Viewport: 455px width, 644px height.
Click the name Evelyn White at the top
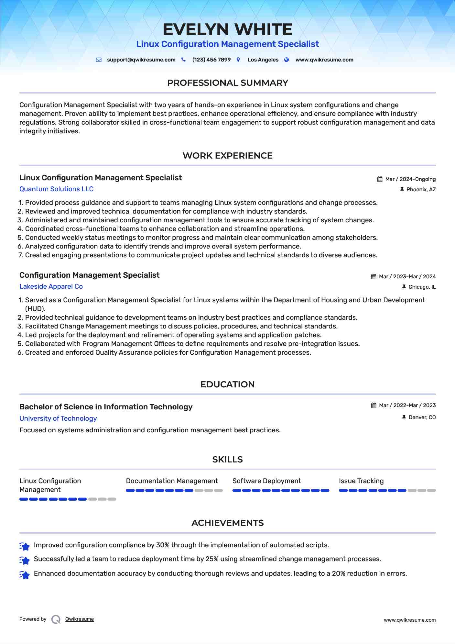227,29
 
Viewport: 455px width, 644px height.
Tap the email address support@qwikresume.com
141,60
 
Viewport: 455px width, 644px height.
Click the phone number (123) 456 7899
211,60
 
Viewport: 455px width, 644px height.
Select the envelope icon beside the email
99,60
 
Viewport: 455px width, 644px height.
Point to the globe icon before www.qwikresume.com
287,60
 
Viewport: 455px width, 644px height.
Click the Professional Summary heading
227,83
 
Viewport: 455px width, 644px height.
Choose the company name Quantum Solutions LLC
56,189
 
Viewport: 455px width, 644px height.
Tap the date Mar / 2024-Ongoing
410,179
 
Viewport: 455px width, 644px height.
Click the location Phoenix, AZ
421,190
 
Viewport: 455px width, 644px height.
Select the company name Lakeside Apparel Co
51,286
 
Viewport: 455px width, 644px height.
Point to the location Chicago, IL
422,287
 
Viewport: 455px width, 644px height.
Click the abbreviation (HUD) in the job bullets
35,309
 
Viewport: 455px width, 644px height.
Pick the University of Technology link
58,418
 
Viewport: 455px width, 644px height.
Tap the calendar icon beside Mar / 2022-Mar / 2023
374,405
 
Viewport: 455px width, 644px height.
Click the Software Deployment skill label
266,481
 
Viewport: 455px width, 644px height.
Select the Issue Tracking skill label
361,481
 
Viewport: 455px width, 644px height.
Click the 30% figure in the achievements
163,545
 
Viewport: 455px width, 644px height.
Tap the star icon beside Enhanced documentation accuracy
25,575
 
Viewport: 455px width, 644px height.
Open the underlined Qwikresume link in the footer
80,619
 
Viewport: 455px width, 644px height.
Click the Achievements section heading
227,523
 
